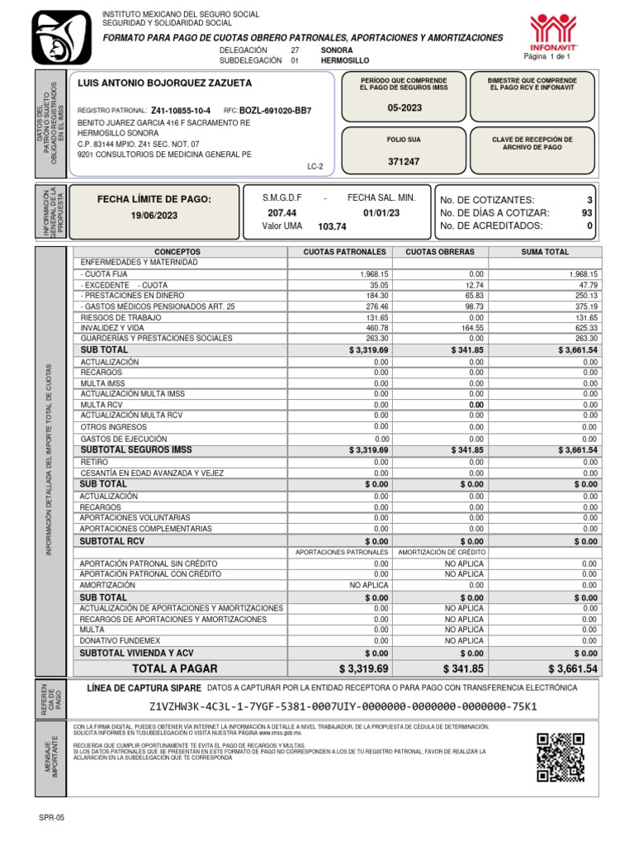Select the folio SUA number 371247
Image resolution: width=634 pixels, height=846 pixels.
[404, 162]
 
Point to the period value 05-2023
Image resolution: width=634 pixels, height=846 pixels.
[404, 108]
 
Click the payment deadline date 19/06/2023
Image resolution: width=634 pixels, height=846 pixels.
[154, 216]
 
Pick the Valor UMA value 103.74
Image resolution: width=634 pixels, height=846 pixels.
[332, 226]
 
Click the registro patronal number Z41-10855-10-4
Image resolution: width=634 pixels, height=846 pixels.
[181, 110]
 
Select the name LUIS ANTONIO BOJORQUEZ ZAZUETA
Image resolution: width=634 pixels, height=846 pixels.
[164, 83]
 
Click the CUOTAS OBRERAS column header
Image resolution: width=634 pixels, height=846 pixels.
[440, 251]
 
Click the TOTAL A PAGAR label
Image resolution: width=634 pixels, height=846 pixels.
[175, 668]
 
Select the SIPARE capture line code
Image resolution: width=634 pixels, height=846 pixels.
[343, 706]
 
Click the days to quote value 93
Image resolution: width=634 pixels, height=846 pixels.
[587, 212]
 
